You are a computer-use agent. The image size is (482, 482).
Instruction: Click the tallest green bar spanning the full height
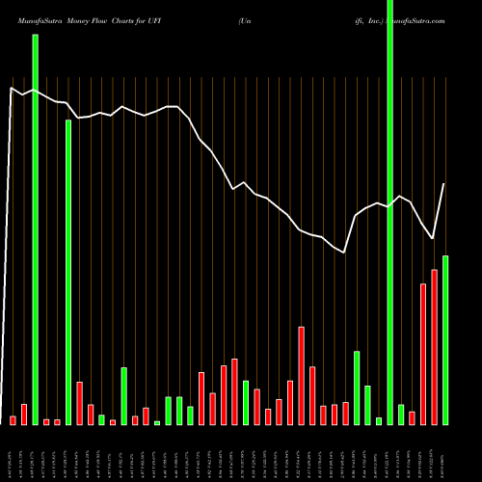coord(389,212)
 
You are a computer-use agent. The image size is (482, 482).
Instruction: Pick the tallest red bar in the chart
coord(434,347)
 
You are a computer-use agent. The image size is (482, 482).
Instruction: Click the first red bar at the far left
coord(13,420)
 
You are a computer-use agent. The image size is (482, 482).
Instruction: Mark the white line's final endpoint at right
coord(444,184)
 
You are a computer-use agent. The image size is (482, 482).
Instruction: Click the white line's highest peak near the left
coord(13,88)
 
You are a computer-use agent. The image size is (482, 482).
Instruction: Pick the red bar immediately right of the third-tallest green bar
coord(79,403)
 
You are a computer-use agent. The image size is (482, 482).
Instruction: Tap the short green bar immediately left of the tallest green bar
coord(379,420)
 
